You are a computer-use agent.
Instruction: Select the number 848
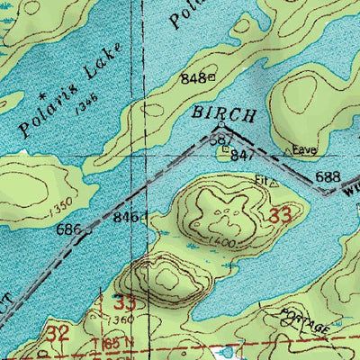point(191,78)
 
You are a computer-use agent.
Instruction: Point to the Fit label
point(261,179)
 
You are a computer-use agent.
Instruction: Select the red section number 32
point(58,332)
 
